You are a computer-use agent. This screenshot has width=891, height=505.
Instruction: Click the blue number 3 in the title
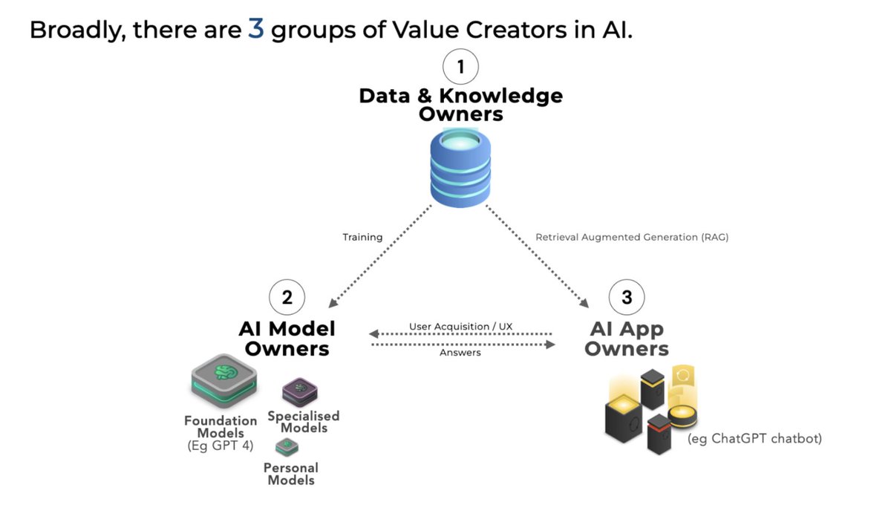[255, 30]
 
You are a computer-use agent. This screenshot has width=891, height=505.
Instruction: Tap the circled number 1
[460, 68]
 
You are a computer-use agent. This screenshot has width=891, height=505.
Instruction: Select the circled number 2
[287, 298]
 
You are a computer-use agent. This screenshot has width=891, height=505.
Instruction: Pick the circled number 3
[627, 298]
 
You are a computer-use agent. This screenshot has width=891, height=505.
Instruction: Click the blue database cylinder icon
[460, 166]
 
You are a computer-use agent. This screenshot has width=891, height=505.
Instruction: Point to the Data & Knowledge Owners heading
[460, 105]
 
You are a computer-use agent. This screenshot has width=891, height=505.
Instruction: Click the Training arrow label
[362, 238]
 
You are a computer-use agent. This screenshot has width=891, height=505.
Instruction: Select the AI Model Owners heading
[287, 338]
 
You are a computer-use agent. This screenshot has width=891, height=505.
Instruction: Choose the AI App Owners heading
[627, 338]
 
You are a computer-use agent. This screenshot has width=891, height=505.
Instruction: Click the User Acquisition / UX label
[460, 327]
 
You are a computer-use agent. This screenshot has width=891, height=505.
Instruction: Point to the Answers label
[460, 353]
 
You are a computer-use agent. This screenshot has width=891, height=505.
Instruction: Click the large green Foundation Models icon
[223, 379]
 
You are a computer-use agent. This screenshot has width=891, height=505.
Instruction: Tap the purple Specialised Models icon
[300, 392]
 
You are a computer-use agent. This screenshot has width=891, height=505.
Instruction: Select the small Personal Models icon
[287, 447]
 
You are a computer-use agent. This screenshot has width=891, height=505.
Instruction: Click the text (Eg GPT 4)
[221, 447]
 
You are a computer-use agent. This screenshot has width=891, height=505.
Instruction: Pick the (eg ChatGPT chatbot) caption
[754, 439]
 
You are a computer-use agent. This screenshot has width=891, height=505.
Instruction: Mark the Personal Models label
[291, 474]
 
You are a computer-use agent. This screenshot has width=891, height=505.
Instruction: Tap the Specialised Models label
[303, 422]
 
